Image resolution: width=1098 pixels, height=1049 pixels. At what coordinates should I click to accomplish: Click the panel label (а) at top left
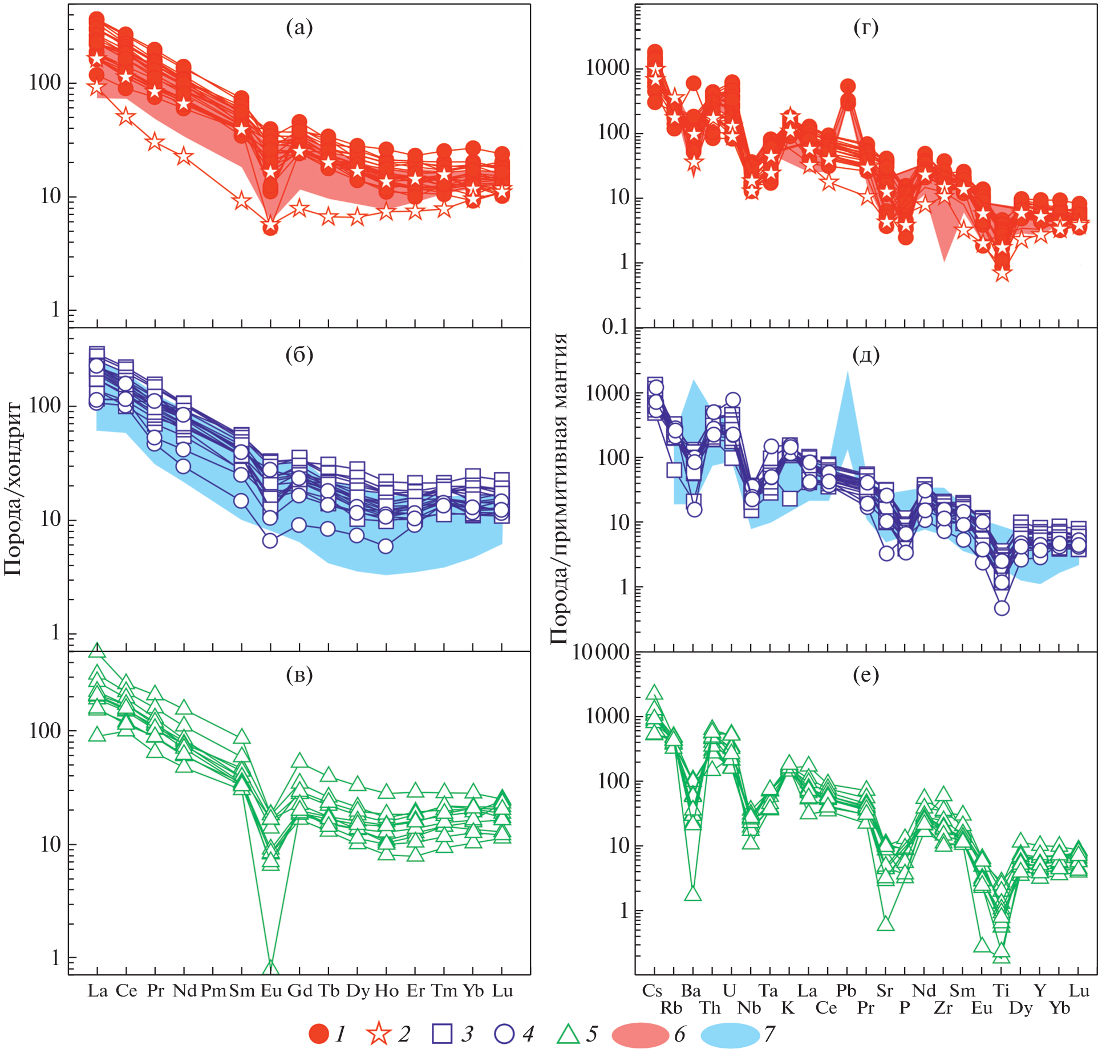click(x=299, y=27)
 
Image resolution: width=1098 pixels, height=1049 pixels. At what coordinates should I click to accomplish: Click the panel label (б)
click(x=299, y=355)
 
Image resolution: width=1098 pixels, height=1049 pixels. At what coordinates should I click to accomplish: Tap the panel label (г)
click(x=865, y=27)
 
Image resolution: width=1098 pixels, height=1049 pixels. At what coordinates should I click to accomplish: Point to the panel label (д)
click(x=865, y=355)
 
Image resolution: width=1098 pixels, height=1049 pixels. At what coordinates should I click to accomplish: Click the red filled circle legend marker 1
click(x=319, y=1034)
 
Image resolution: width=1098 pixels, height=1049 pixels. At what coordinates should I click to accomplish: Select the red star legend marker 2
click(x=379, y=1034)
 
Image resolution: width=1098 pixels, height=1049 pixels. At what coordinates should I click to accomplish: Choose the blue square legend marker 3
click(x=442, y=1034)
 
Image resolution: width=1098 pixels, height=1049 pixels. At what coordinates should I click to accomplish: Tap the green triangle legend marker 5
click(x=568, y=1034)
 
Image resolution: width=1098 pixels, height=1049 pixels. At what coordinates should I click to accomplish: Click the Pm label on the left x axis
click(x=213, y=991)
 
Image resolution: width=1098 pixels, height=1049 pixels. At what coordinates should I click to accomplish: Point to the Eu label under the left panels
click(x=271, y=991)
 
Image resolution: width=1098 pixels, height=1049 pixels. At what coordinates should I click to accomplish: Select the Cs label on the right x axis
click(x=652, y=990)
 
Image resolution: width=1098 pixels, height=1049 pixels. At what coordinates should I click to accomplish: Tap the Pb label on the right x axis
click(x=846, y=990)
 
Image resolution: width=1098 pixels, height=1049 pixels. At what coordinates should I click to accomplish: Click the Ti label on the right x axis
click(x=1001, y=990)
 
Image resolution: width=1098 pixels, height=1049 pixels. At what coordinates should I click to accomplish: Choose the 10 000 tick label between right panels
click(x=601, y=652)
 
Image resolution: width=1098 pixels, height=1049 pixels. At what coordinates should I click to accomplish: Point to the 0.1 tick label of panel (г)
click(x=614, y=327)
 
